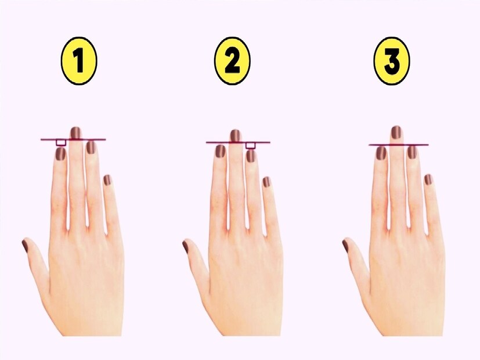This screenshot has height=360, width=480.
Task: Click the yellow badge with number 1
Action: [79, 60]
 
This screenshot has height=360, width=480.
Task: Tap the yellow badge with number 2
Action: [232, 60]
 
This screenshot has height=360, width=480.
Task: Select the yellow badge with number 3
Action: [392, 60]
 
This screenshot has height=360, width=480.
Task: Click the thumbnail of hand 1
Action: [25, 246]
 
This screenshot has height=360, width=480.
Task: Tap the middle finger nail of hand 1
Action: [75, 133]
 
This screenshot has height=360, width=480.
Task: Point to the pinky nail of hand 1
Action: [107, 180]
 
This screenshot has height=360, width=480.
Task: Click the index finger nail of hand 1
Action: [61, 154]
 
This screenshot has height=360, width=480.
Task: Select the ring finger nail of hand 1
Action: [91, 147]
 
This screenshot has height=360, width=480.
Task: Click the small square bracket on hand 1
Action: [61, 142]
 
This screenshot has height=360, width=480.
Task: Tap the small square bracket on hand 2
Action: [250, 146]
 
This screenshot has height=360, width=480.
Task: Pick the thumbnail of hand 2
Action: [185, 247]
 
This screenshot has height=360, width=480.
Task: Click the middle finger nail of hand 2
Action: [235, 136]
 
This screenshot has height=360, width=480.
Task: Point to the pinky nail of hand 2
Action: [266, 182]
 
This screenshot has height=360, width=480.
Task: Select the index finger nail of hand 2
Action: [221, 151]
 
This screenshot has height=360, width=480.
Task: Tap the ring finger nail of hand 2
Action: [250, 156]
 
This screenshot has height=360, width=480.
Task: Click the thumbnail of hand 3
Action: [345, 246]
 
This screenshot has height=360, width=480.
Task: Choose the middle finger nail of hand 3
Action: [396, 132]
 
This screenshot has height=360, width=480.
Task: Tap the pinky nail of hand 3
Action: [428, 179]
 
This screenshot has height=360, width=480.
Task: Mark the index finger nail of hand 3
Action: [381, 153]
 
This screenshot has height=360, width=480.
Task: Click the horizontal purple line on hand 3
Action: [399, 145]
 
